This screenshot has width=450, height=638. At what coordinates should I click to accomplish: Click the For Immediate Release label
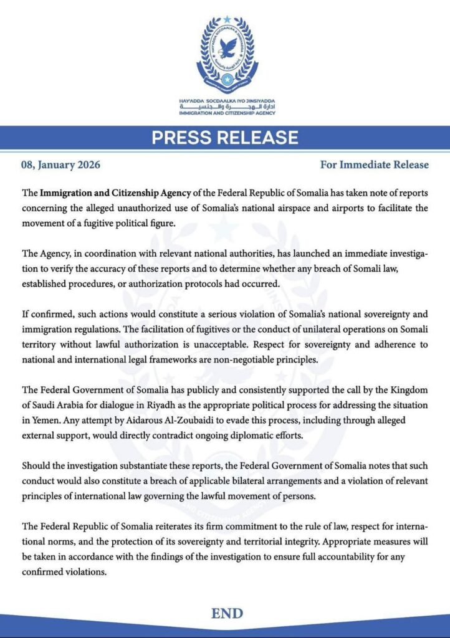coord(374,165)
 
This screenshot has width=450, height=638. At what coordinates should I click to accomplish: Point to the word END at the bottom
coord(226,614)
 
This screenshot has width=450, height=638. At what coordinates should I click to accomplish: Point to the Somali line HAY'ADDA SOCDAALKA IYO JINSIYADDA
coord(225,101)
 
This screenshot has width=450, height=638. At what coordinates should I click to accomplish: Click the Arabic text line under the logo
coord(225,107)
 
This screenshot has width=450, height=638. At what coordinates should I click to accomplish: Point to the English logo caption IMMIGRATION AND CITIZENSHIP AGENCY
coord(225,114)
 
